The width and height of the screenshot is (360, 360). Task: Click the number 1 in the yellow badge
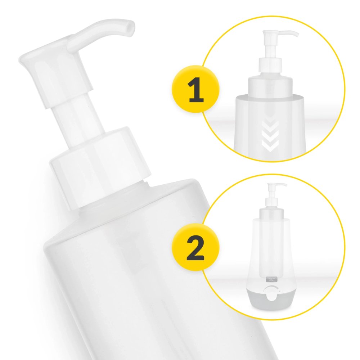195,90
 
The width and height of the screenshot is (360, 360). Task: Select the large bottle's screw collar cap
100,166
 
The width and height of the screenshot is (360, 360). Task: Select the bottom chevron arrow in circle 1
270,145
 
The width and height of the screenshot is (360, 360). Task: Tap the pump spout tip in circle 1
297,35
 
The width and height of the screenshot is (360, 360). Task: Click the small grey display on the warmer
271,279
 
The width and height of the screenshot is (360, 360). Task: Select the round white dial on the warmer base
271,296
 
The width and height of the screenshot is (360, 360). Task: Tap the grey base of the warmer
271,300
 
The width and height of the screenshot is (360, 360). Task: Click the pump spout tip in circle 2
285,185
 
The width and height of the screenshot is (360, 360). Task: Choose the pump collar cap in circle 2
271,202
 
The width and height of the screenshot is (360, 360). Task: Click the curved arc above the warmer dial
271,287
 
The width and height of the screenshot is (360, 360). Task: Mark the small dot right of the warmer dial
280,291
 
